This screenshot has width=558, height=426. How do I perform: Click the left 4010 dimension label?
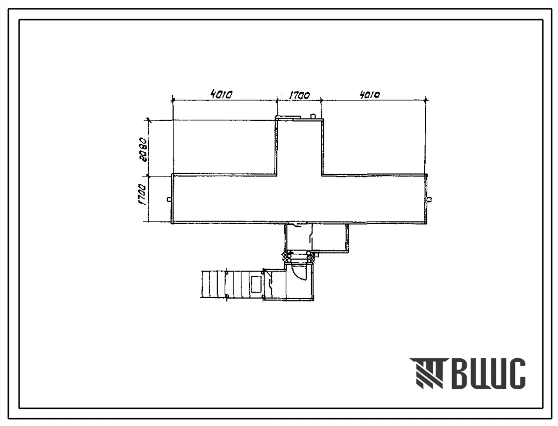(221, 95)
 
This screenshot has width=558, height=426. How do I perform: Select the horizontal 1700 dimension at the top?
(299, 95)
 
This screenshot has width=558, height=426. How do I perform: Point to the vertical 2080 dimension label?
(144, 149)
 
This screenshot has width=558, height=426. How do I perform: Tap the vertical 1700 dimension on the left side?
(143, 195)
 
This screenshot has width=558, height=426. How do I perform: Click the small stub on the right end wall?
(430, 199)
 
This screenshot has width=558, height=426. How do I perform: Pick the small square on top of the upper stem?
(313, 116)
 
